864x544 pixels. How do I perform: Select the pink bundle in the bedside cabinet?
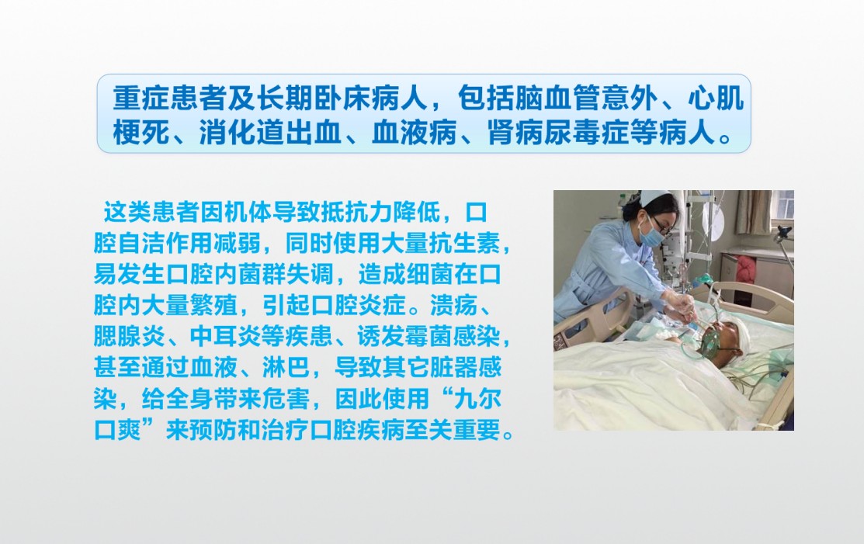coord(747,270)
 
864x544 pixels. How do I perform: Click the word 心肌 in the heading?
coord(717,98)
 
